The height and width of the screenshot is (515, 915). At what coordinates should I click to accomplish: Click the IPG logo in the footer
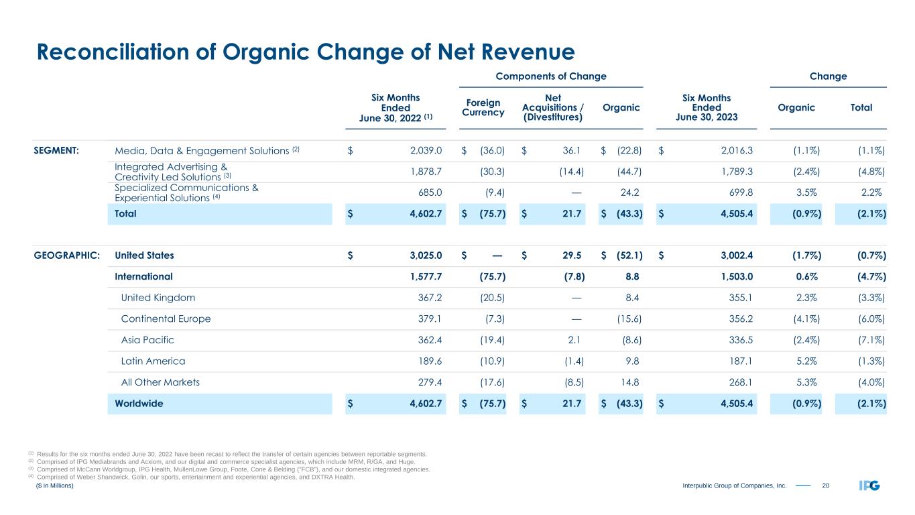pyautogui.click(x=869, y=486)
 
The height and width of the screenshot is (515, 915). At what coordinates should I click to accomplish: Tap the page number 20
pyautogui.click(x=826, y=486)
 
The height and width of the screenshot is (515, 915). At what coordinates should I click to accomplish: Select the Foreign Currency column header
pyautogui.click(x=483, y=107)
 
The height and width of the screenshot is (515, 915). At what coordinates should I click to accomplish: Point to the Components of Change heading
pyautogui.click(x=550, y=76)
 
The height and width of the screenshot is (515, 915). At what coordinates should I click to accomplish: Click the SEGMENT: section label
pyautogui.click(x=57, y=150)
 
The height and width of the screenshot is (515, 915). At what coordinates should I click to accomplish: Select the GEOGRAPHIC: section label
pyautogui.click(x=67, y=255)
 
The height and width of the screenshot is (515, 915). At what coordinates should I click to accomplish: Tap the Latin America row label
pyautogui.click(x=153, y=361)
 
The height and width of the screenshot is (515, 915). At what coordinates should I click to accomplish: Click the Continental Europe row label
pyautogui.click(x=166, y=319)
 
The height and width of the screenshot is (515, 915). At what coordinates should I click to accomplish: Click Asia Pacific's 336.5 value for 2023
pyautogui.click(x=738, y=340)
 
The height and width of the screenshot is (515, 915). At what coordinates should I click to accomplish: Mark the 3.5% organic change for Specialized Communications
pyautogui.click(x=804, y=192)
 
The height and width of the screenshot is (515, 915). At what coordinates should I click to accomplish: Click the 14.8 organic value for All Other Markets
pyautogui.click(x=630, y=382)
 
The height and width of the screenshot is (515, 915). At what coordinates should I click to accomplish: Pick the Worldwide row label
pyautogui.click(x=139, y=404)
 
